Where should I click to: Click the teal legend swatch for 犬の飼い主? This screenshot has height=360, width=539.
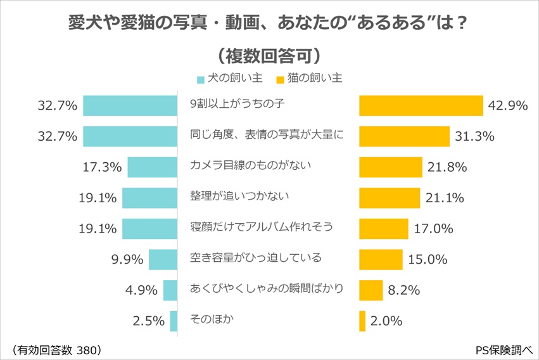201,80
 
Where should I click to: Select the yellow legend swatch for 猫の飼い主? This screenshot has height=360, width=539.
279,80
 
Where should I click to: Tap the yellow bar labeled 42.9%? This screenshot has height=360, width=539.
419,105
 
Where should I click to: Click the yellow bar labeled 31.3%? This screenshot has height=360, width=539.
404,136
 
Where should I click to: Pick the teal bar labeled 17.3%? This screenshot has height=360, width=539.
152,167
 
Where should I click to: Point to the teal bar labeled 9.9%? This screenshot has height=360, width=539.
163,259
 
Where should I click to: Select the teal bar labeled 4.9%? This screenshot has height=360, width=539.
170,290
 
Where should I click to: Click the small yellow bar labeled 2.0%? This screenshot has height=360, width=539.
362,321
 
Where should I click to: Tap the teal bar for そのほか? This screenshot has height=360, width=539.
174,321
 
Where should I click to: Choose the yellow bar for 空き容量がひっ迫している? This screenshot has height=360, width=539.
381,259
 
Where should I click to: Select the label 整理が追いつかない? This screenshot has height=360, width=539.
239,196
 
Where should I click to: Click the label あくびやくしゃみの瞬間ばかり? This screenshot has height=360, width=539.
266,288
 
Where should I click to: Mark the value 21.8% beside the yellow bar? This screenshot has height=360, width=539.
447,167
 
